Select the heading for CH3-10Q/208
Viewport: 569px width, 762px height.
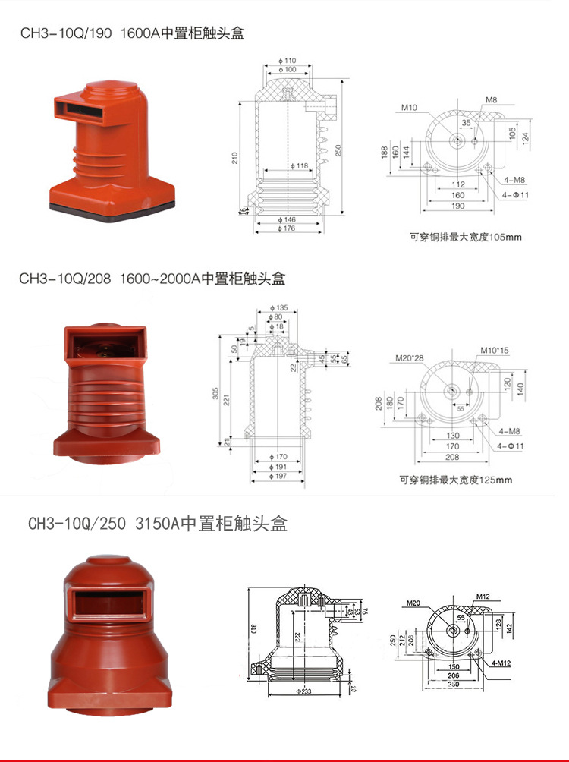(x=152, y=279)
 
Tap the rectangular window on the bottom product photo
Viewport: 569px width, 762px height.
(x=106, y=603)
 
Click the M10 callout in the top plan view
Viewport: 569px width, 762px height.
(x=410, y=108)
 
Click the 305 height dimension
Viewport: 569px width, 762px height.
(x=215, y=393)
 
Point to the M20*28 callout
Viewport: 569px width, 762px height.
(x=410, y=358)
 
